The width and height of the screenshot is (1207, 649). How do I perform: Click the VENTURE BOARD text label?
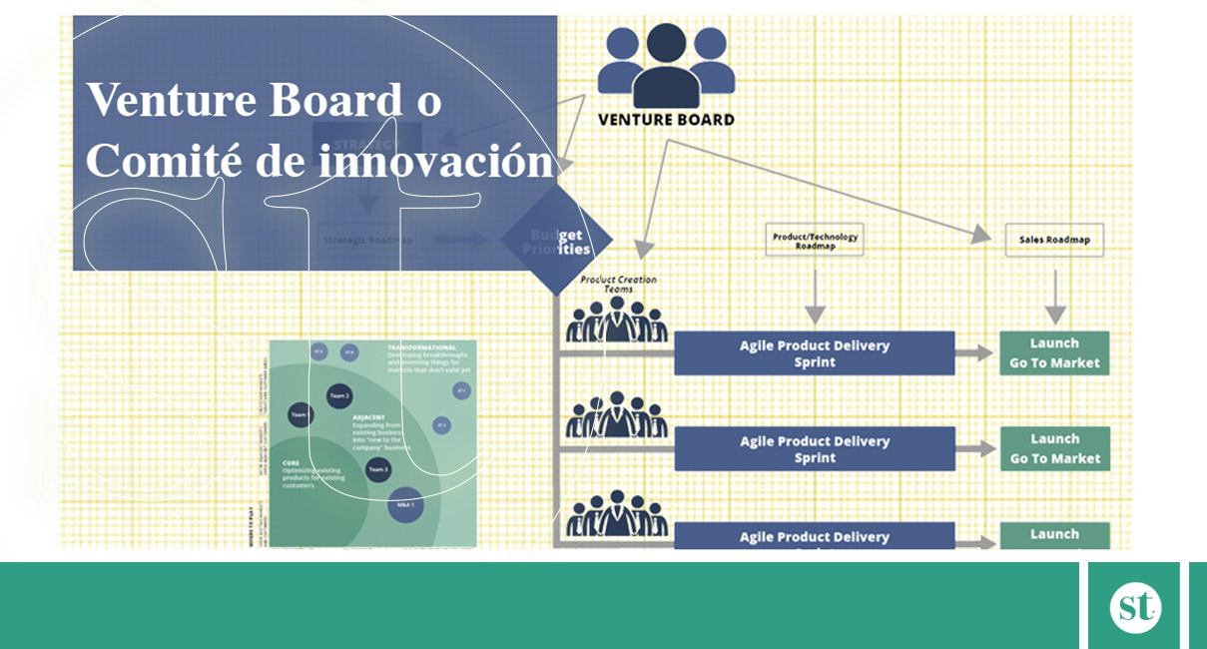click(666, 120)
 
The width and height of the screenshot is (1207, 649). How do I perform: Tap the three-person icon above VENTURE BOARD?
click(666, 65)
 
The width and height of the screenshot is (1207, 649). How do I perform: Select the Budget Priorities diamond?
click(557, 241)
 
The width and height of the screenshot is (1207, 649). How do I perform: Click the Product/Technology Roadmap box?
click(814, 239)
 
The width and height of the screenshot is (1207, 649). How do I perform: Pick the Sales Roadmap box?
click(1054, 240)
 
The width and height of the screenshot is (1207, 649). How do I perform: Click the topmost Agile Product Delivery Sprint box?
click(814, 353)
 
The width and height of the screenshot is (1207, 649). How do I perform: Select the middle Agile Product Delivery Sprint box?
click(814, 449)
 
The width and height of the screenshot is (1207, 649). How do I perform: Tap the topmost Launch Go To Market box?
click(1054, 353)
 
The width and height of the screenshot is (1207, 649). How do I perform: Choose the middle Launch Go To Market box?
click(1054, 449)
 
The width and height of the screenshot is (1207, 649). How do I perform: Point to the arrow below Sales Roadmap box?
click(1055, 297)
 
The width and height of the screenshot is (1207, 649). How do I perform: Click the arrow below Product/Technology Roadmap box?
click(815, 297)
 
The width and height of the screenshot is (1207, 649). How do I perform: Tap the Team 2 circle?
click(339, 395)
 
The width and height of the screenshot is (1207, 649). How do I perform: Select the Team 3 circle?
click(377, 468)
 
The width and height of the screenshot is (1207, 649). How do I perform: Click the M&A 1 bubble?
click(405, 505)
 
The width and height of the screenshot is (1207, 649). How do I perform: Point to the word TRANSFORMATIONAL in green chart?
click(422, 347)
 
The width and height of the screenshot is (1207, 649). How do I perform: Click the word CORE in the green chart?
click(291, 463)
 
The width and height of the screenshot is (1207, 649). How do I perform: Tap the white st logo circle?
click(1135, 607)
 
